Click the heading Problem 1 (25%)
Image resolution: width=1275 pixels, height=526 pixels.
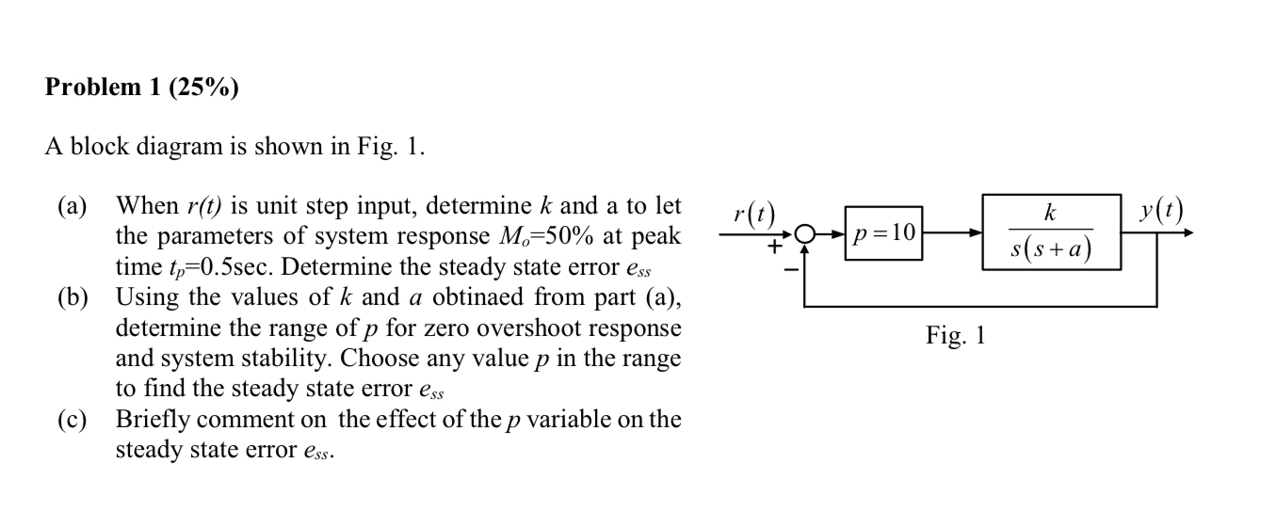(x=141, y=88)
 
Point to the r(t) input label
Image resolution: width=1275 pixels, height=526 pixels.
(x=752, y=215)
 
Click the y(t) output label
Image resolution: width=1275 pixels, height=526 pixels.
(x=1159, y=212)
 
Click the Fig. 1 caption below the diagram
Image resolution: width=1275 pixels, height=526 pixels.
(x=955, y=335)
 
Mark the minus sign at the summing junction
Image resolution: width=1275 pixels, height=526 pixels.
(x=793, y=270)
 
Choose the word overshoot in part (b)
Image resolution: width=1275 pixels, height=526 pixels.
(x=530, y=328)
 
